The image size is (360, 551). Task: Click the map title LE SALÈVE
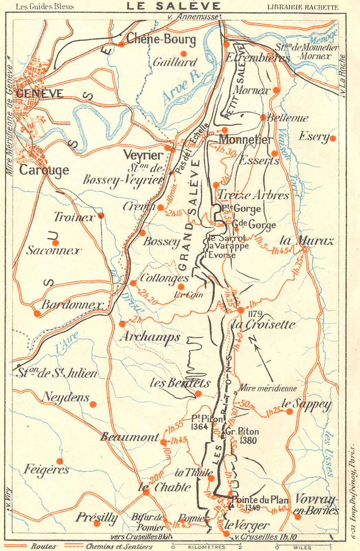(173, 6)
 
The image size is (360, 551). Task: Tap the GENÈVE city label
(40, 94)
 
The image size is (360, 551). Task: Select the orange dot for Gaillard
(184, 53)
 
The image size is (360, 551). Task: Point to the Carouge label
(44, 170)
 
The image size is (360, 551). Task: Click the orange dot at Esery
(332, 138)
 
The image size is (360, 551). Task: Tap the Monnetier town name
(246, 139)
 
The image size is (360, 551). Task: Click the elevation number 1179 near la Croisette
(255, 314)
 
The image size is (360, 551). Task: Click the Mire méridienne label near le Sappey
(267, 388)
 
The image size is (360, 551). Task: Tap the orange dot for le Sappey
(289, 412)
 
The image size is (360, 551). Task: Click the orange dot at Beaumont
(163, 442)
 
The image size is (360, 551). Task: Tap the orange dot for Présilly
(97, 524)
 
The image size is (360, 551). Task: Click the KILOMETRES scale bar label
(206, 547)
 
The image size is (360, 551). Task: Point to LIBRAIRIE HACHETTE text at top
(302, 7)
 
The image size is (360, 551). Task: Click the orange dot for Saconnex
(55, 243)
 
